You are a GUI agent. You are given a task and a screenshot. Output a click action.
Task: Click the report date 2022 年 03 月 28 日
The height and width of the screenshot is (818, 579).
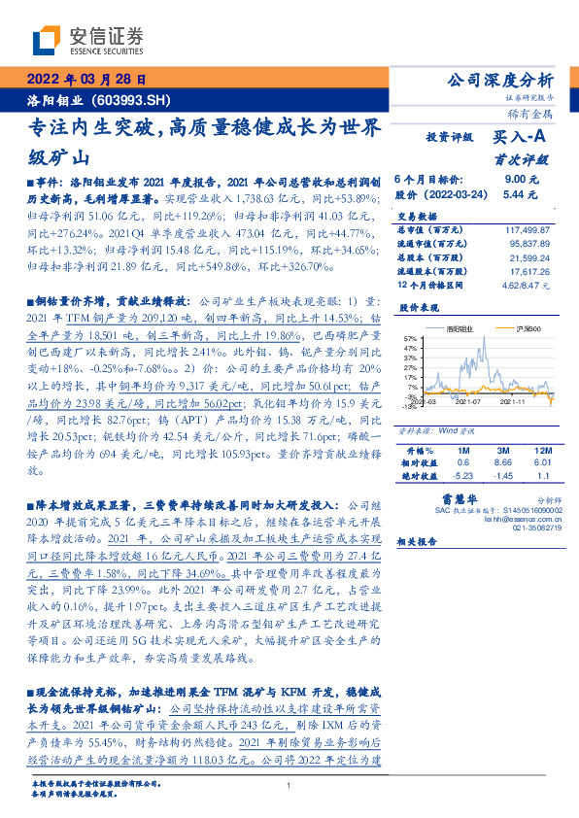point(85,80)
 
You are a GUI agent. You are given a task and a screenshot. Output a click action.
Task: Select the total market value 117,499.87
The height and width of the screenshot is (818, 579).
point(529,228)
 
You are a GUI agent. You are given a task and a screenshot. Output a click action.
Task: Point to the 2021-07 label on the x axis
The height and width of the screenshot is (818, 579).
point(470,400)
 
